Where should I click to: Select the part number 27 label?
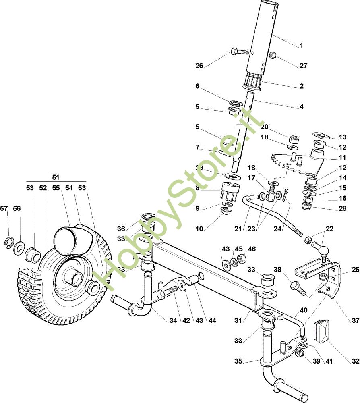303,66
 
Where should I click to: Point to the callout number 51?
56,177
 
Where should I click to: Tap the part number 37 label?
355,321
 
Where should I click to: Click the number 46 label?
251,249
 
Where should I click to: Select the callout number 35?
238,361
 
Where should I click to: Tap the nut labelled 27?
273,55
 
